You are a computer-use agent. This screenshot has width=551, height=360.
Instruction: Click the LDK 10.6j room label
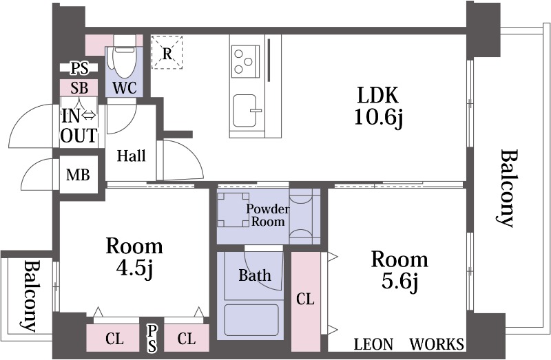coord(378,106)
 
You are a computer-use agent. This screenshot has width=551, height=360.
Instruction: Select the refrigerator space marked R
coord(167,52)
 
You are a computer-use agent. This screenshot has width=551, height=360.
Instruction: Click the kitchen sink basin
coord(245,110)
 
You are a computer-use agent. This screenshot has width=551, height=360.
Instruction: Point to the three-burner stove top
coord(245,62)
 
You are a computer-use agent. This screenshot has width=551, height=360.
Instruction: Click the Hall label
coord(132,156)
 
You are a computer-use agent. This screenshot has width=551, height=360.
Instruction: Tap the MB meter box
coord(78,175)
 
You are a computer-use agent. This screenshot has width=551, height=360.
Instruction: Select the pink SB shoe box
coord(79,88)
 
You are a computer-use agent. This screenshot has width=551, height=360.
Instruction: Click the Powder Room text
coord(268,215)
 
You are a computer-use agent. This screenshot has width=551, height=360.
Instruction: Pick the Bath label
coord(255,275)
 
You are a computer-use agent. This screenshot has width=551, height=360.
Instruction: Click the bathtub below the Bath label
coord(251,319)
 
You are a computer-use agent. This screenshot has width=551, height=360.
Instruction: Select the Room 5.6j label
coord(399,270)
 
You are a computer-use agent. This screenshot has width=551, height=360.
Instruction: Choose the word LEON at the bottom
coord(373,344)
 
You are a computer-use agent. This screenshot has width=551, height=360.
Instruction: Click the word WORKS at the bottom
coord(437,344)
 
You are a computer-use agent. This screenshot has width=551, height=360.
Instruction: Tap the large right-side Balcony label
coord(507,189)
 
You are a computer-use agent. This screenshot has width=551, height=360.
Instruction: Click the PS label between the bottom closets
coord(152,338)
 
